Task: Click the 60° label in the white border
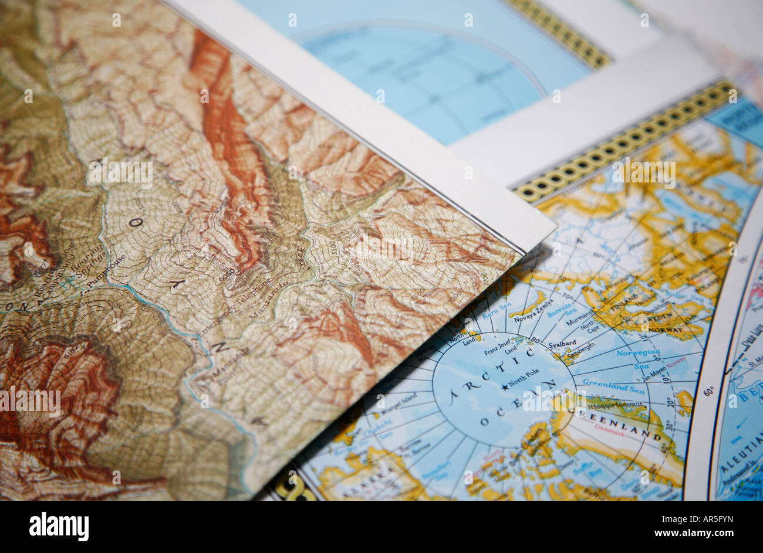click(708, 391)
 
